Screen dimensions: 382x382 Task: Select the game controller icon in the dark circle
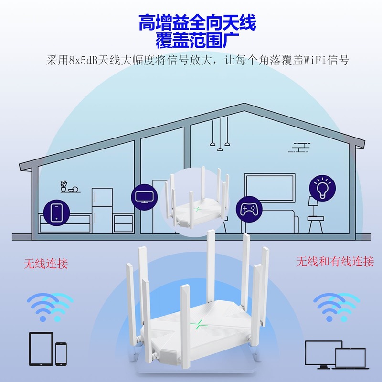point(249,209)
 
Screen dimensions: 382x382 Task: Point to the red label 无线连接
point(46,263)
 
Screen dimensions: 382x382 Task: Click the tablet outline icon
point(41,348)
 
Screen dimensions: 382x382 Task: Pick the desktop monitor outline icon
point(321,352)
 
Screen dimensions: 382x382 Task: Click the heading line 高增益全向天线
point(197,22)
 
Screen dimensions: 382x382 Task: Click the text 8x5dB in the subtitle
point(81,61)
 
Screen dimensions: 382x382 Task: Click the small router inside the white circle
point(196,201)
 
